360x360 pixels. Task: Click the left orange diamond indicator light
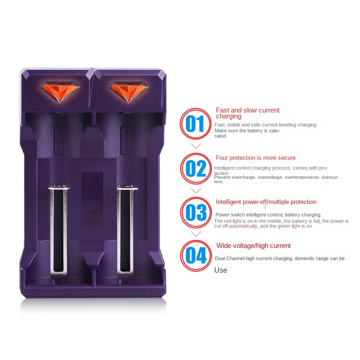click(x=61, y=90)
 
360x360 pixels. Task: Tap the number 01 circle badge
click(x=195, y=124)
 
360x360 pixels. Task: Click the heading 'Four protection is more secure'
click(x=256, y=158)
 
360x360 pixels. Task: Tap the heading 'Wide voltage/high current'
click(x=253, y=246)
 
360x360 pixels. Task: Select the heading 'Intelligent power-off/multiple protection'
click(x=266, y=202)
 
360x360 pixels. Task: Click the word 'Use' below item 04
click(x=220, y=270)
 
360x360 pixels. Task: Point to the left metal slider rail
click(x=59, y=229)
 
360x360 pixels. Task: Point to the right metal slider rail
click(x=126, y=229)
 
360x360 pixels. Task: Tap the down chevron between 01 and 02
click(x=196, y=146)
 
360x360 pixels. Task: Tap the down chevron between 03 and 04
click(x=196, y=234)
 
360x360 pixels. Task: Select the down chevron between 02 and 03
click(x=196, y=190)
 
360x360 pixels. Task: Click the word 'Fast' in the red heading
click(x=222, y=110)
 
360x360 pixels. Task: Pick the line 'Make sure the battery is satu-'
click(x=247, y=130)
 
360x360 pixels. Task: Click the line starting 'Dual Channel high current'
click(x=279, y=258)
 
